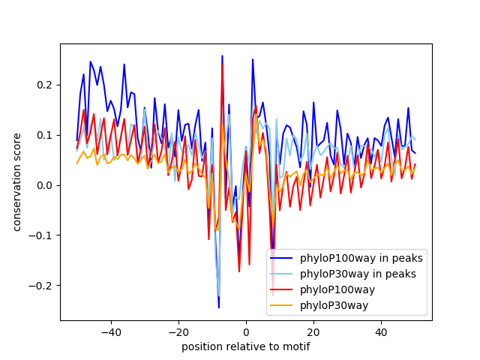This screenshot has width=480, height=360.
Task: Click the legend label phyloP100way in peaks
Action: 361,259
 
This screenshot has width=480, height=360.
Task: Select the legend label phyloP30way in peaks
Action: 358,274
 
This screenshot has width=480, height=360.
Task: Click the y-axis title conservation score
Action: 16,182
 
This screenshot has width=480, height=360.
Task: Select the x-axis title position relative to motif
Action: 245,346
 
